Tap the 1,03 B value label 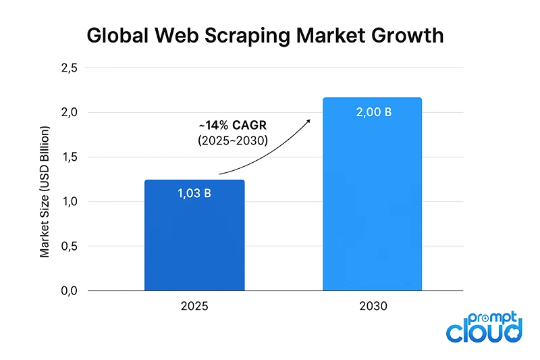coord(194,194)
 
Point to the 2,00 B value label coord(373,112)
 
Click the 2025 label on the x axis coord(194,306)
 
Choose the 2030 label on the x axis coord(373,306)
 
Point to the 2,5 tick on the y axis coord(70,68)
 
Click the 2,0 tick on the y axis coord(70,112)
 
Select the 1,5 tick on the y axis coord(70,157)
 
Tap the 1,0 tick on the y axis coord(70,201)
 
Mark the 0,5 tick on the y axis coord(70,246)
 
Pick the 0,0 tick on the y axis coord(70,290)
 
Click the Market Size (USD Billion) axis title coord(45,191)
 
